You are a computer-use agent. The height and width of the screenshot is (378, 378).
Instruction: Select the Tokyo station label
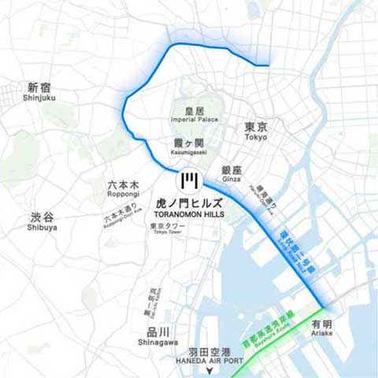click(x=256, y=131)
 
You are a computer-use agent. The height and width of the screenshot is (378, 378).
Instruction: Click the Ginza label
click(x=231, y=174)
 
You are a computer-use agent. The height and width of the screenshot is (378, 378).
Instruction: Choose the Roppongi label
click(x=124, y=190)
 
